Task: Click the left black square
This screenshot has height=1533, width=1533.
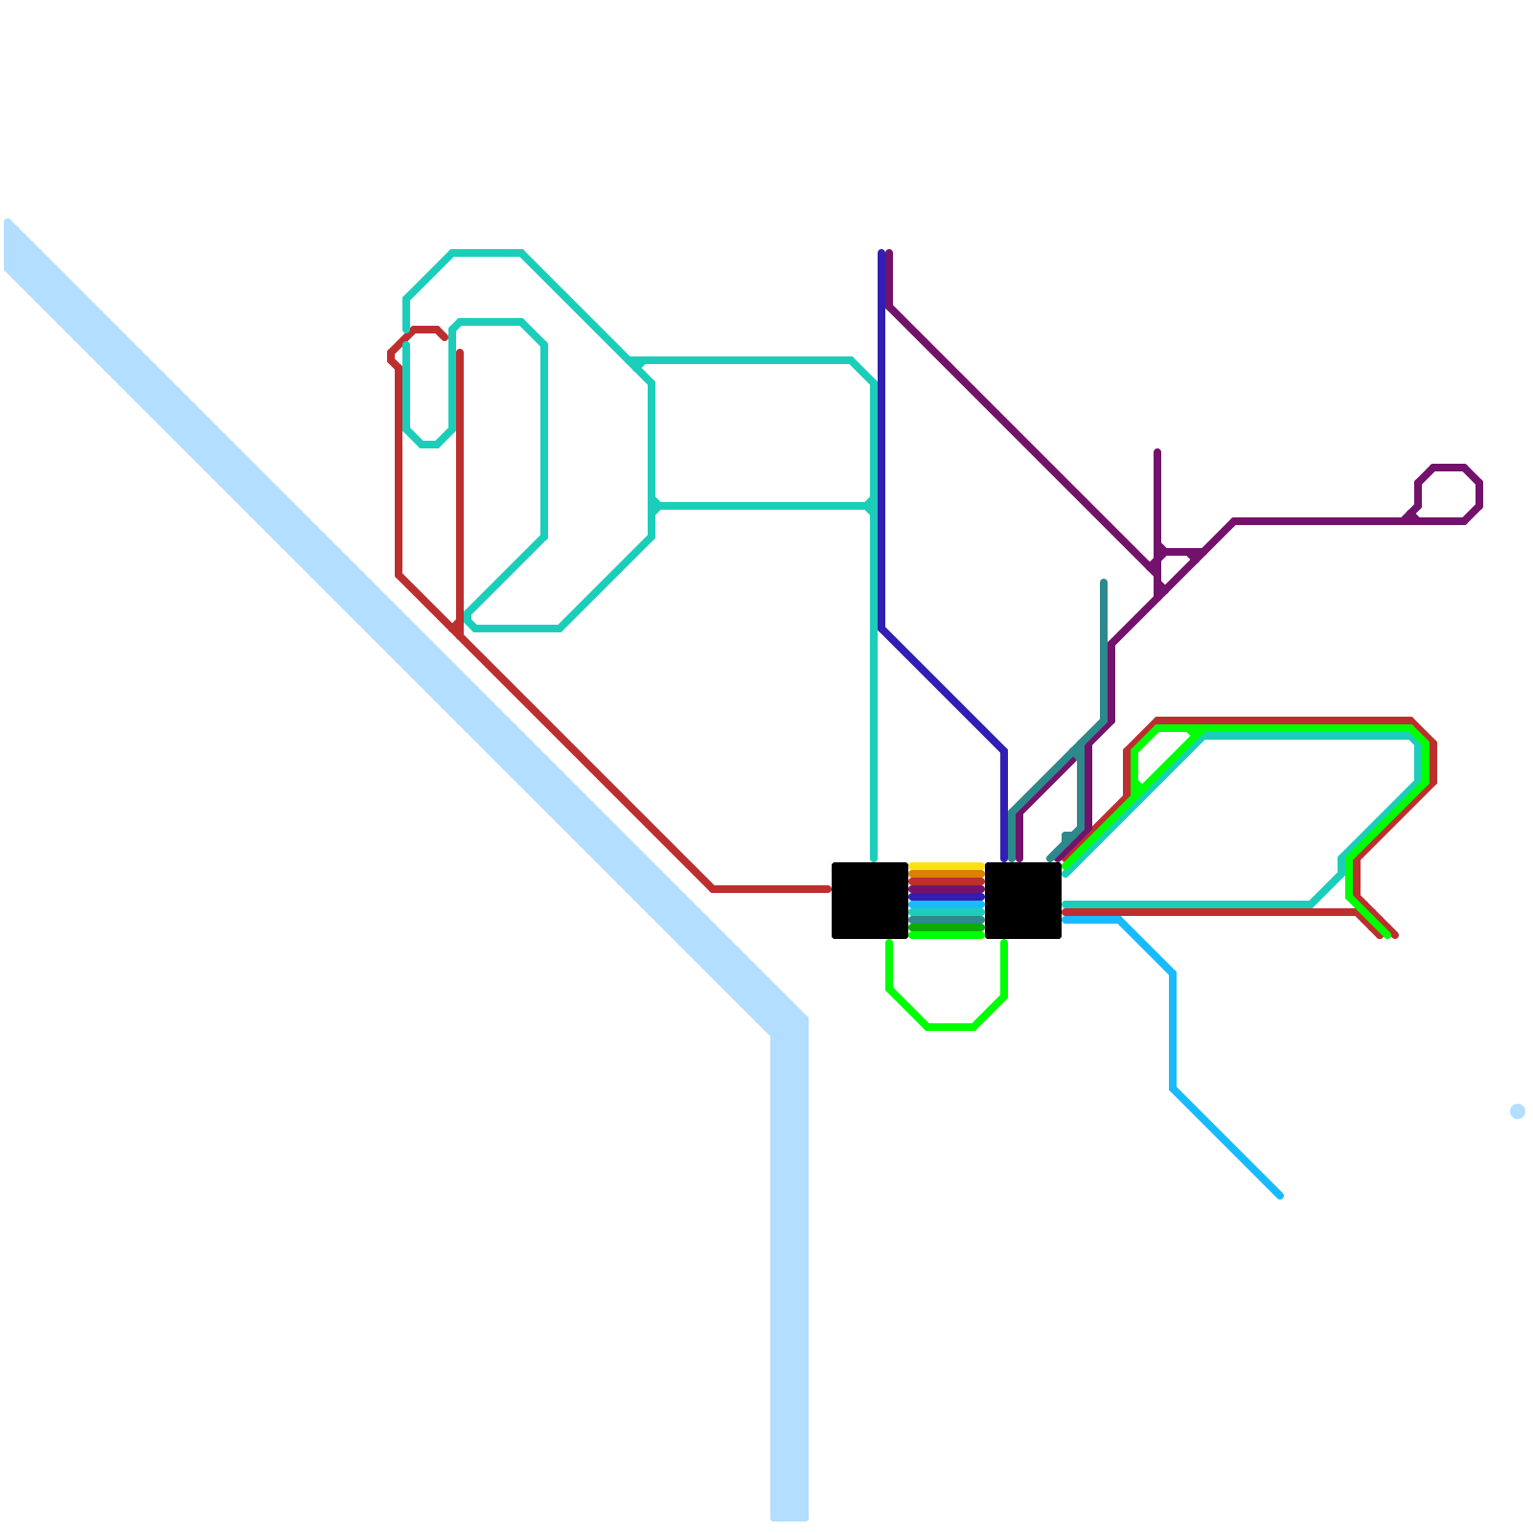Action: click(869, 901)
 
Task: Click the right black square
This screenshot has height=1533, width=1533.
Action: click(1022, 901)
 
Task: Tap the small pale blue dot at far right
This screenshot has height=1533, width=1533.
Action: click(1517, 1111)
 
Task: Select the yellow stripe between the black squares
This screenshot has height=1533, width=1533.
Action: click(946, 867)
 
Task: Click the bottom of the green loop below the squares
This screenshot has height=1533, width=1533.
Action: click(950, 1027)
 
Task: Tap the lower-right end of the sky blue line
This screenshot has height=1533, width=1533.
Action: click(1280, 1195)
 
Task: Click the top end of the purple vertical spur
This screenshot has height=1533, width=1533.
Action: click(1157, 451)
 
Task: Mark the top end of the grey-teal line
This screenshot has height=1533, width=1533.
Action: click(1104, 582)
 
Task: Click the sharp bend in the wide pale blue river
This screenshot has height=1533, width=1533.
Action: click(788, 1025)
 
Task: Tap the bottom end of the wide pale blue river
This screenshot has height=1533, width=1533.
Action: click(789, 1517)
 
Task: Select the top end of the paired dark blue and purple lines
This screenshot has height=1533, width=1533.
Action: click(885, 253)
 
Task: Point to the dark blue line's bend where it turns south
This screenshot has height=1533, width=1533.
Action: click(1003, 751)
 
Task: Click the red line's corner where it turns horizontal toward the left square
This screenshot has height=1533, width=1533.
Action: click(713, 889)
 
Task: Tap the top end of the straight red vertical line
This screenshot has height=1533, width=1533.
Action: click(460, 353)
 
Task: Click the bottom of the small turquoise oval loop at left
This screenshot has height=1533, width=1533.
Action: click(429, 445)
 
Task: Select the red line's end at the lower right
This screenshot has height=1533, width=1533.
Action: click(1394, 935)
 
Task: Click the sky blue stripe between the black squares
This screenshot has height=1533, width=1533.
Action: click(946, 905)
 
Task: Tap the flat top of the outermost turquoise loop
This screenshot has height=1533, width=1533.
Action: click(487, 253)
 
